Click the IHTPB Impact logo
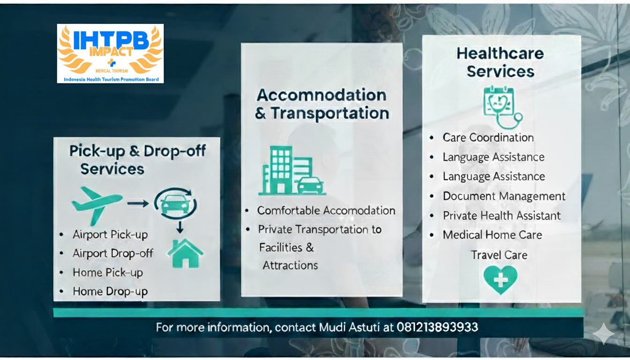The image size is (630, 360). (110, 53)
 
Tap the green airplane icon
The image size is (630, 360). (97, 203)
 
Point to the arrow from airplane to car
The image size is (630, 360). (138, 203)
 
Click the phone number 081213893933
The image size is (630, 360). (437, 327)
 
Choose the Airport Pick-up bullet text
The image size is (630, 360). (110, 234)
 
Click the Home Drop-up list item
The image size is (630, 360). (110, 292)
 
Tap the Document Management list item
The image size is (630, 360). (504, 196)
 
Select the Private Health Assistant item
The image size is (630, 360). (502, 216)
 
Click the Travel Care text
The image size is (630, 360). (499, 255)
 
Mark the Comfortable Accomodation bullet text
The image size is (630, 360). (326, 210)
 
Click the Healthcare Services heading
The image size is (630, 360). (500, 62)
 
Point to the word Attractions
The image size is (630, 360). (290, 265)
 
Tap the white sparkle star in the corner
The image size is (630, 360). (603, 333)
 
